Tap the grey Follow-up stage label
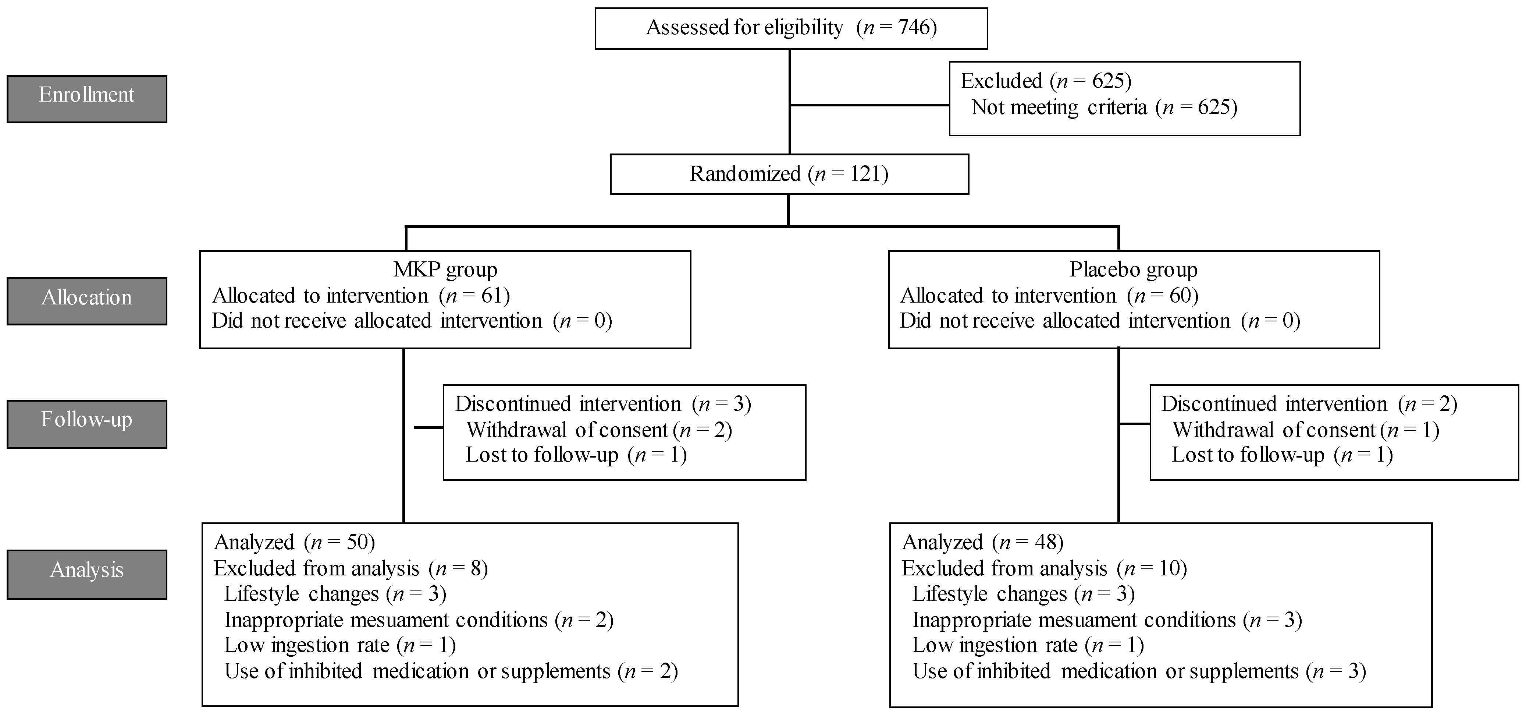pos(86,423)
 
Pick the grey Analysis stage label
pos(86,574)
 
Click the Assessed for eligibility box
pos(791,28)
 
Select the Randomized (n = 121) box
pos(789,174)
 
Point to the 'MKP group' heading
pos(445,270)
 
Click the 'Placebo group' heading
pos(1133,270)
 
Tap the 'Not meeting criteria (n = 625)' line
pos(1104,107)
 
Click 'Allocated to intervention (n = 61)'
pos(361,295)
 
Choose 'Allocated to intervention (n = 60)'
pos(1049,295)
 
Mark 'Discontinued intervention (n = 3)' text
pos(602,403)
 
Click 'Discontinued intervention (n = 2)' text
pos(1309,403)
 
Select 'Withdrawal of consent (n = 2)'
pos(599,430)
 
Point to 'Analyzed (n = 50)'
pos(294,542)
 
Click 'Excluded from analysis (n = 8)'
pos(351,568)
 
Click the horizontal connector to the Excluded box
pos(869,106)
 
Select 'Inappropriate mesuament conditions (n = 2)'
pos(419,620)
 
